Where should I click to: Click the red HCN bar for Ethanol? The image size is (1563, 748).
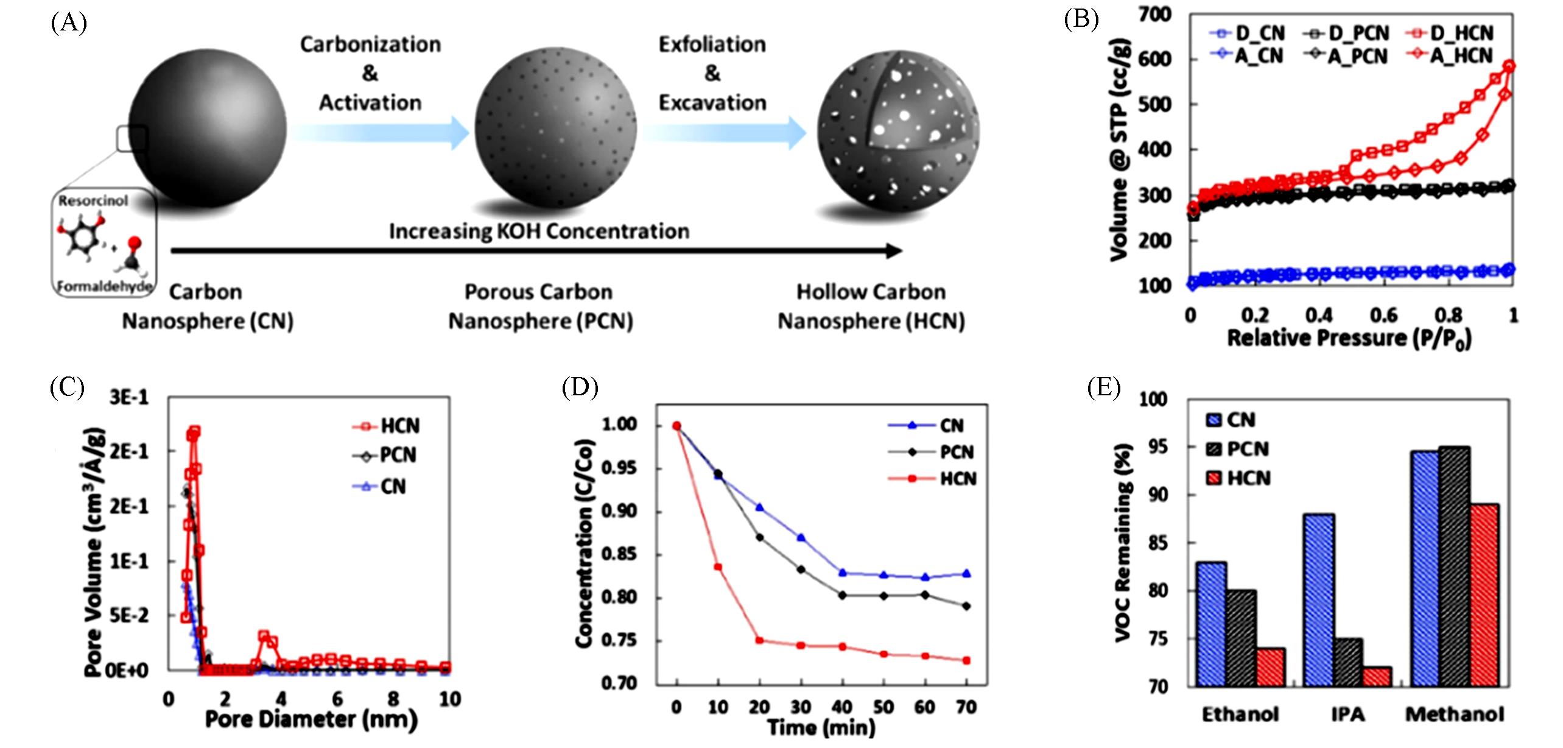coord(1270,668)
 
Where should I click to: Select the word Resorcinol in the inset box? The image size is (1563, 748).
coord(93,200)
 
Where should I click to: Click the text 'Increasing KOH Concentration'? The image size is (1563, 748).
coord(539,231)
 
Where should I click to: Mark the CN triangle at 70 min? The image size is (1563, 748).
coord(966,573)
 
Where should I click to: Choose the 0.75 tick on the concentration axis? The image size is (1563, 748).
coord(618,640)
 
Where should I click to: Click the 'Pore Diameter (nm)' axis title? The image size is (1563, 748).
coord(311,720)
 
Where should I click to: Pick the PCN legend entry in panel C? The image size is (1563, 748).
coord(385,455)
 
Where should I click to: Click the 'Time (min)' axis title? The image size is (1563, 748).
coord(821,727)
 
